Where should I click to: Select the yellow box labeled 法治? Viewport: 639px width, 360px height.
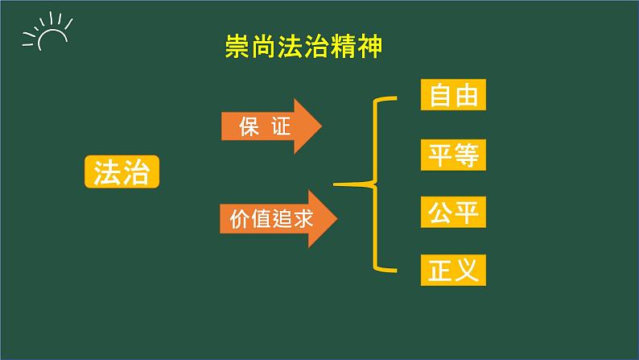coord(122,172)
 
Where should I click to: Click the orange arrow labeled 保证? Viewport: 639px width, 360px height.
coord(270,126)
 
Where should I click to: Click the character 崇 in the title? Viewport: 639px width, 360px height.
coord(237,48)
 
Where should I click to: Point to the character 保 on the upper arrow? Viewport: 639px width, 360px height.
coord(249,126)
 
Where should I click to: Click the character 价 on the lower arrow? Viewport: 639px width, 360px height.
coord(234,218)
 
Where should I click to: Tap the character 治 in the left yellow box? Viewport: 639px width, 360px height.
coord(136,172)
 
